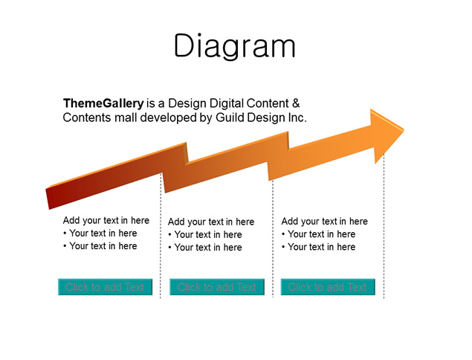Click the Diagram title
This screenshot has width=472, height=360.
[235, 46]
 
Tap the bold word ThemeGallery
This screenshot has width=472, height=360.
[103, 103]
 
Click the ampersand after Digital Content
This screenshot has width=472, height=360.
[296, 103]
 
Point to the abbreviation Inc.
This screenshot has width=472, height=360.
[297, 118]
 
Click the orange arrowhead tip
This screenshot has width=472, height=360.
[404, 130]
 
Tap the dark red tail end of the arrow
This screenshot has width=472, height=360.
[48, 199]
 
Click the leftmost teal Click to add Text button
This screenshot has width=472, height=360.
[105, 287]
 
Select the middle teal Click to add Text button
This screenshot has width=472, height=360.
[217, 287]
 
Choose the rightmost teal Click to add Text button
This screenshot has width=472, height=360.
[328, 287]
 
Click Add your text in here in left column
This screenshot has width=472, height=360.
[106, 220]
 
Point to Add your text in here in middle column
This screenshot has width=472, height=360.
[211, 222]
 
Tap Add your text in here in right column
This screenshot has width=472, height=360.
[325, 221]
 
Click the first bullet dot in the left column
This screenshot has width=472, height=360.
[65, 233]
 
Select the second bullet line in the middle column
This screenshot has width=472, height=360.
[205, 248]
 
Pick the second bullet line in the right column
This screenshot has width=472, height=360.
[318, 247]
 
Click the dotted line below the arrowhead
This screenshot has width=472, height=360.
[384, 226]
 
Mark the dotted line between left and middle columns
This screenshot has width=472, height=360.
[161, 236]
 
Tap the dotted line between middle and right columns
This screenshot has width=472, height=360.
[273, 239]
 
